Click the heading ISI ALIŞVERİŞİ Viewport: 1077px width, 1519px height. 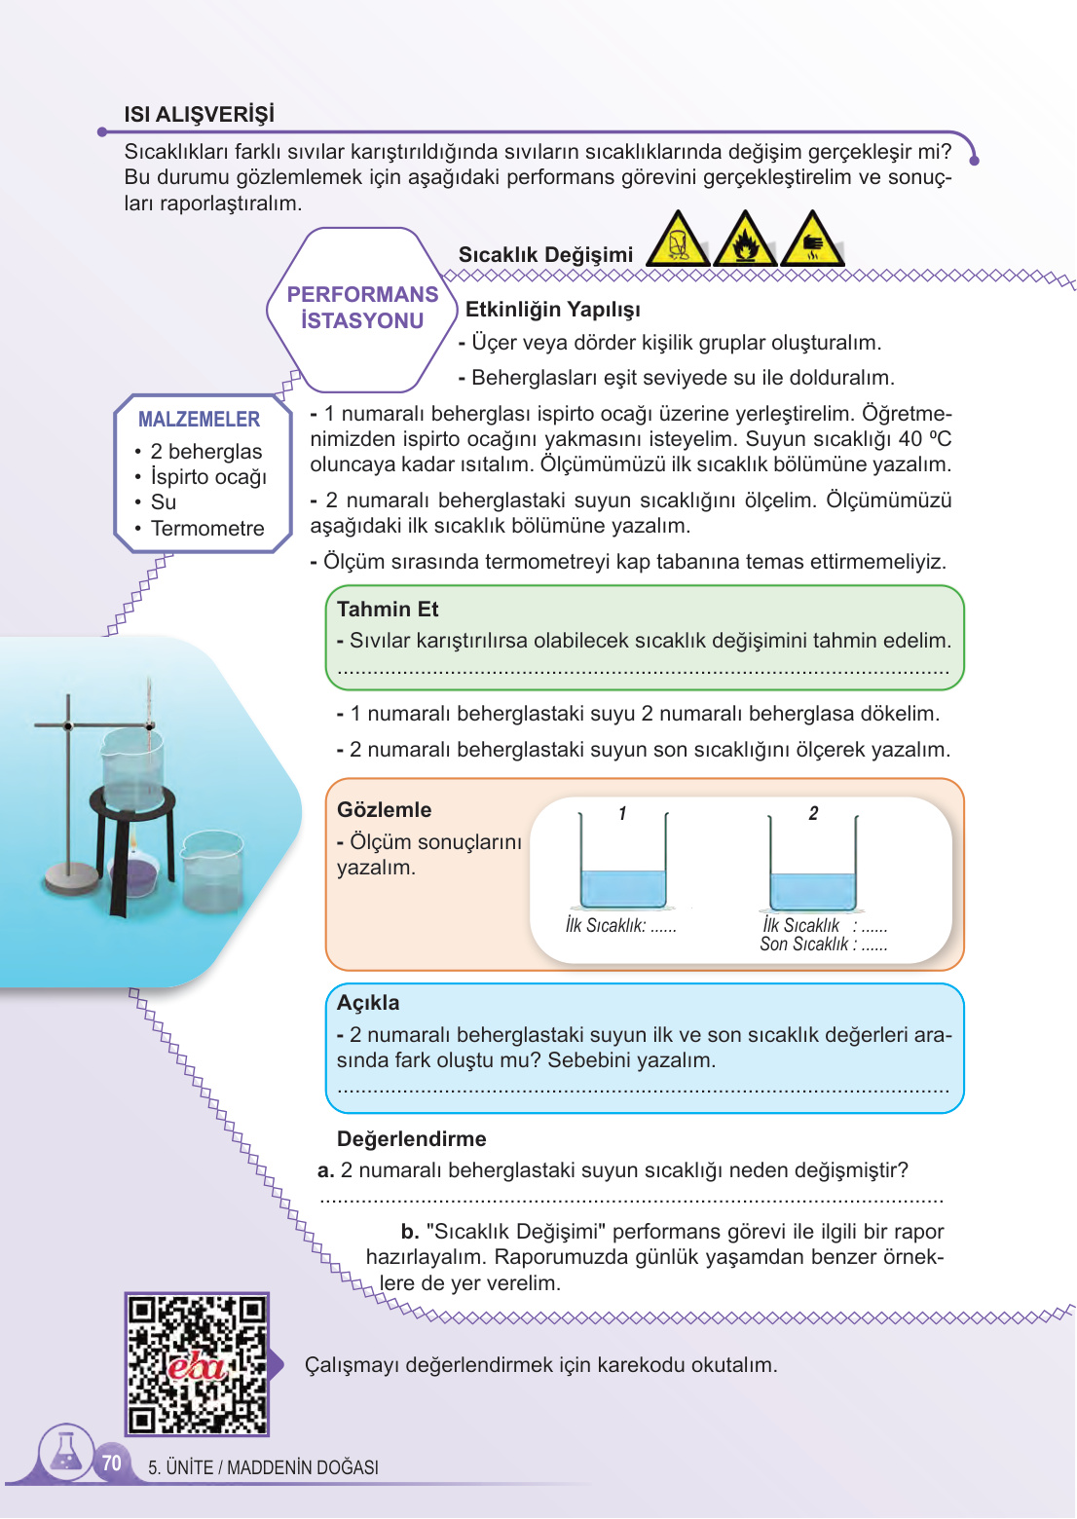click(x=199, y=114)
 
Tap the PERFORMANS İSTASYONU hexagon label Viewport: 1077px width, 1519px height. click(x=362, y=308)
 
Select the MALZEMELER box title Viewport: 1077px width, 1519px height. click(x=199, y=420)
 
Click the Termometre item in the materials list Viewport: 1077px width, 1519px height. click(x=207, y=529)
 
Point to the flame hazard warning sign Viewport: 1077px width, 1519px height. click(x=745, y=241)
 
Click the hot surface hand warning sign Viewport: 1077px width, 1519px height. click(x=812, y=241)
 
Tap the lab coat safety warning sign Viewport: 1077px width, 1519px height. click(x=678, y=241)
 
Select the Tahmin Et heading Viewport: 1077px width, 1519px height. click(x=388, y=610)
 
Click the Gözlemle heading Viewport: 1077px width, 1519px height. click(x=384, y=810)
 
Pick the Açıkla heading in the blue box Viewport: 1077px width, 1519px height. click(x=368, y=1003)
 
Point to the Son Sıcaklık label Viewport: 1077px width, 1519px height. click(x=804, y=945)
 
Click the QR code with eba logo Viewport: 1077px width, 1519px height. click(x=197, y=1364)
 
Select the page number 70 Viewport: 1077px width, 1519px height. click(x=112, y=1463)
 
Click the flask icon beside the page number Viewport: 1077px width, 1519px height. click(x=66, y=1452)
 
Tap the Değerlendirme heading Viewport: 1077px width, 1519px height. click(x=411, y=1139)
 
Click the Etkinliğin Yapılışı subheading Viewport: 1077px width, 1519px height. click(x=553, y=310)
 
